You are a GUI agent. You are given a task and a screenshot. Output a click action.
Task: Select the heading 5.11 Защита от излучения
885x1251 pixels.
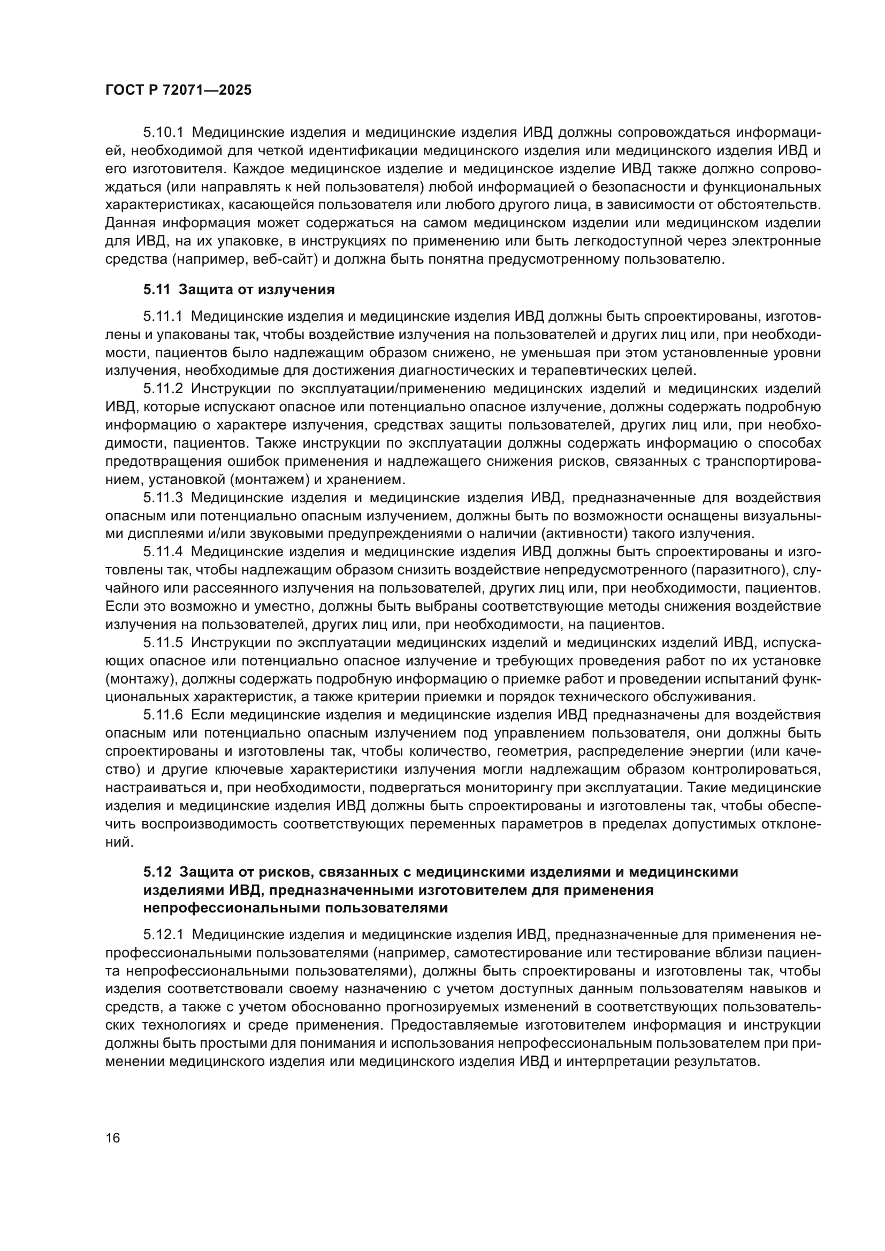[x=239, y=290]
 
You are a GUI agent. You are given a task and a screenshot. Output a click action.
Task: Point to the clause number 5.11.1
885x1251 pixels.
[x=163, y=317]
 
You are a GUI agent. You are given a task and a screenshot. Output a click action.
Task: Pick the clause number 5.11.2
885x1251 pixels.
[x=163, y=389]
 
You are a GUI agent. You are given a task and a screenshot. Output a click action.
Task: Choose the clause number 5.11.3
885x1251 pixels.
[x=163, y=497]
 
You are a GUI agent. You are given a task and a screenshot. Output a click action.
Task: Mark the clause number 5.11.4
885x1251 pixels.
[x=163, y=552]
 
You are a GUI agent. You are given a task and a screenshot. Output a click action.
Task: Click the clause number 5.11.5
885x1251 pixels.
[x=163, y=643]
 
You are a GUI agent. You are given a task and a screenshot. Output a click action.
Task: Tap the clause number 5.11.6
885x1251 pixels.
[x=163, y=715]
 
